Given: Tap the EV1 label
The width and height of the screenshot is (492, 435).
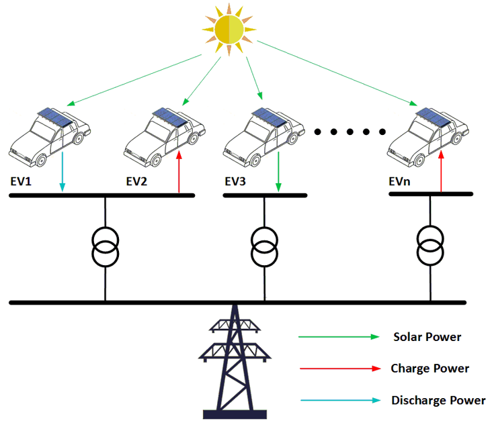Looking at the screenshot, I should [x=22, y=181].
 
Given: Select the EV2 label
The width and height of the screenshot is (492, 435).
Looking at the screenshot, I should [x=137, y=181].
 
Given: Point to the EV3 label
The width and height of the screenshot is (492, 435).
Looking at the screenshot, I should [x=236, y=181].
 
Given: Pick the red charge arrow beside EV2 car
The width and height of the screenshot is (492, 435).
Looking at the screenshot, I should [x=179, y=173].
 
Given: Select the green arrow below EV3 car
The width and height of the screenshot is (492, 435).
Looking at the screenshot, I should [x=278, y=173].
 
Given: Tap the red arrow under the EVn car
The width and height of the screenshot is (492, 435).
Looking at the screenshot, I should [x=441, y=173].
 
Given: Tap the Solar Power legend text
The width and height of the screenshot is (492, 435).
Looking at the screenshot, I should [x=427, y=337].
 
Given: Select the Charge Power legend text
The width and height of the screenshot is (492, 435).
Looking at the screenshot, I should [x=429, y=369].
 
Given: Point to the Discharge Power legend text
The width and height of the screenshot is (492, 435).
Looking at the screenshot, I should [x=438, y=401].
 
